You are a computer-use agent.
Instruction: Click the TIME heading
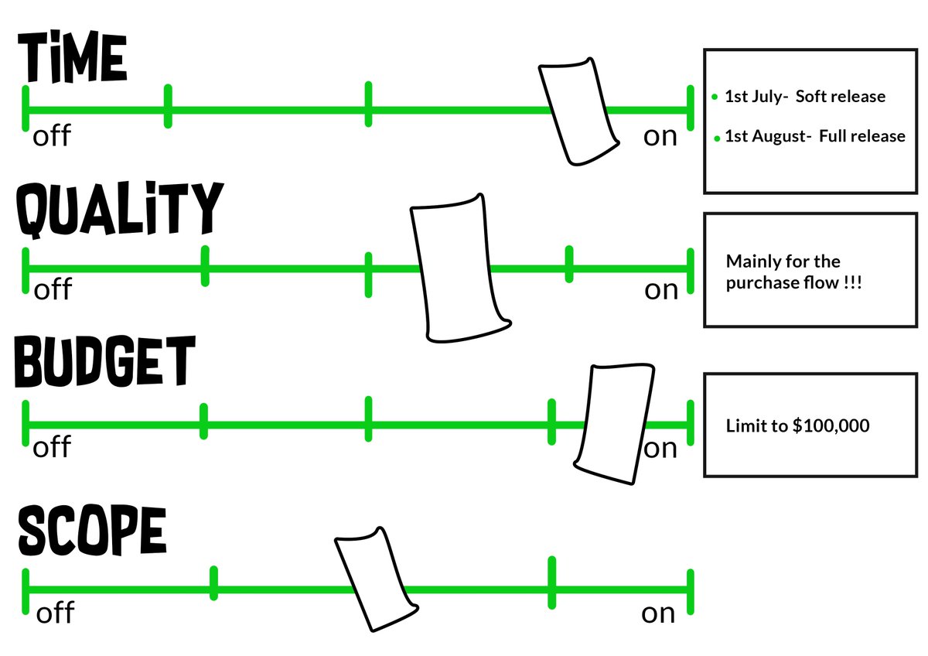[x=72, y=59]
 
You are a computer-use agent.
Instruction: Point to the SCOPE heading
[x=92, y=531]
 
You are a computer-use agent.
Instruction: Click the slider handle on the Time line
[x=579, y=111]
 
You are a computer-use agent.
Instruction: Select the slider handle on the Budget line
[x=614, y=424]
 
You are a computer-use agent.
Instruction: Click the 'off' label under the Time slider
[x=52, y=136]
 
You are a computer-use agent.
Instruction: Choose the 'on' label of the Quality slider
[x=661, y=290]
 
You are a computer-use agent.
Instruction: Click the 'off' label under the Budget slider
[x=52, y=447]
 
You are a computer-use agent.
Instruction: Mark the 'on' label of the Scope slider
[x=658, y=613]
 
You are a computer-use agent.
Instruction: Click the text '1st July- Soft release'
[x=805, y=97]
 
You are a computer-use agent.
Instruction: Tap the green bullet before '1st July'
[x=715, y=97]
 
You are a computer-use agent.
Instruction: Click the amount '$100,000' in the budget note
[x=831, y=425]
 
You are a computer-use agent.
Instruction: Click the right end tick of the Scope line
[x=691, y=591]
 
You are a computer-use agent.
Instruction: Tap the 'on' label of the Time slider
[x=660, y=136]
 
